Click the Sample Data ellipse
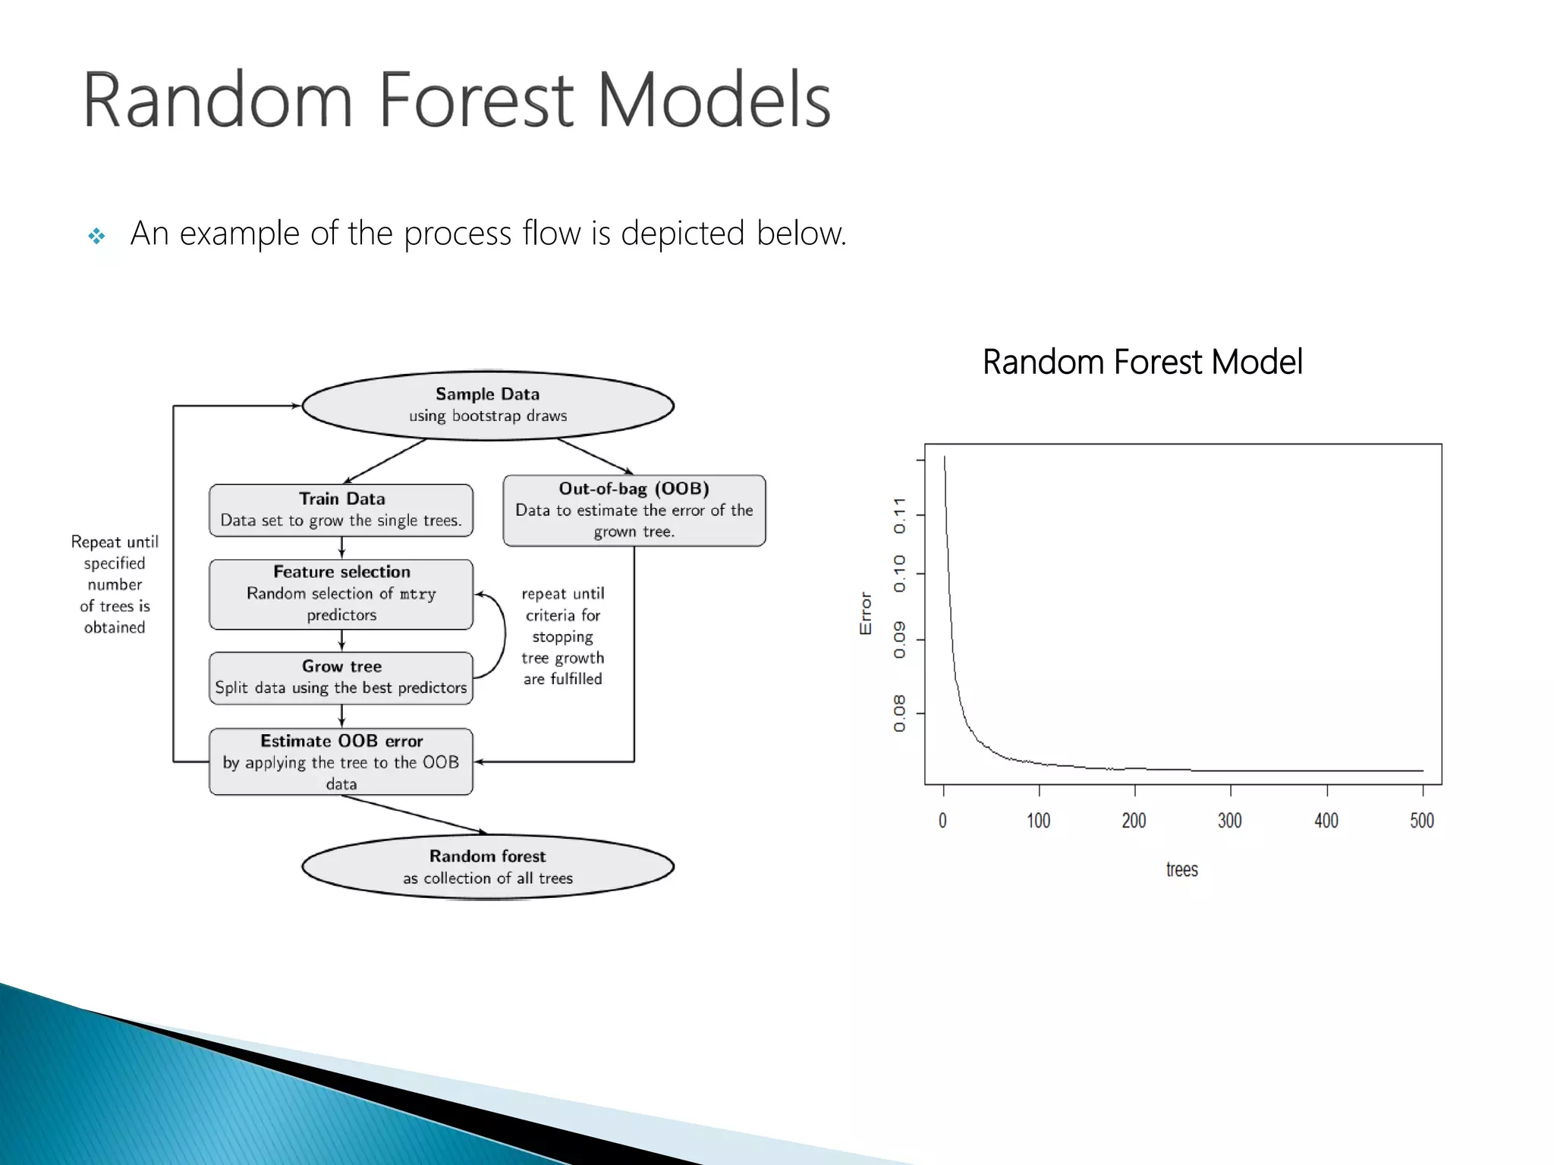pos(487,405)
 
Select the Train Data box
pos(341,510)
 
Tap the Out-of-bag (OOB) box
pos(634,510)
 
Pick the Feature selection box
pos(341,594)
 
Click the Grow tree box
pos(341,677)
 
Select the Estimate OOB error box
pos(341,761)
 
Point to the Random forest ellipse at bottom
pos(487,867)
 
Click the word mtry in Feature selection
pos(417,594)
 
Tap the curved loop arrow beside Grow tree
pos(502,636)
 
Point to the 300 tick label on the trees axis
pos(1229,821)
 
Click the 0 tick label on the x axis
pos(942,821)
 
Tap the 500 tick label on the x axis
pos(1421,821)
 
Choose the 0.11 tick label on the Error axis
pos(899,516)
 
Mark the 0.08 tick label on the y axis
pos(899,713)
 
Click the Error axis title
pos(865,613)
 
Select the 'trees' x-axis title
pos(1181,870)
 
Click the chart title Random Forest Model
pos(1142,362)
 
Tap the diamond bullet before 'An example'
pos(96,236)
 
